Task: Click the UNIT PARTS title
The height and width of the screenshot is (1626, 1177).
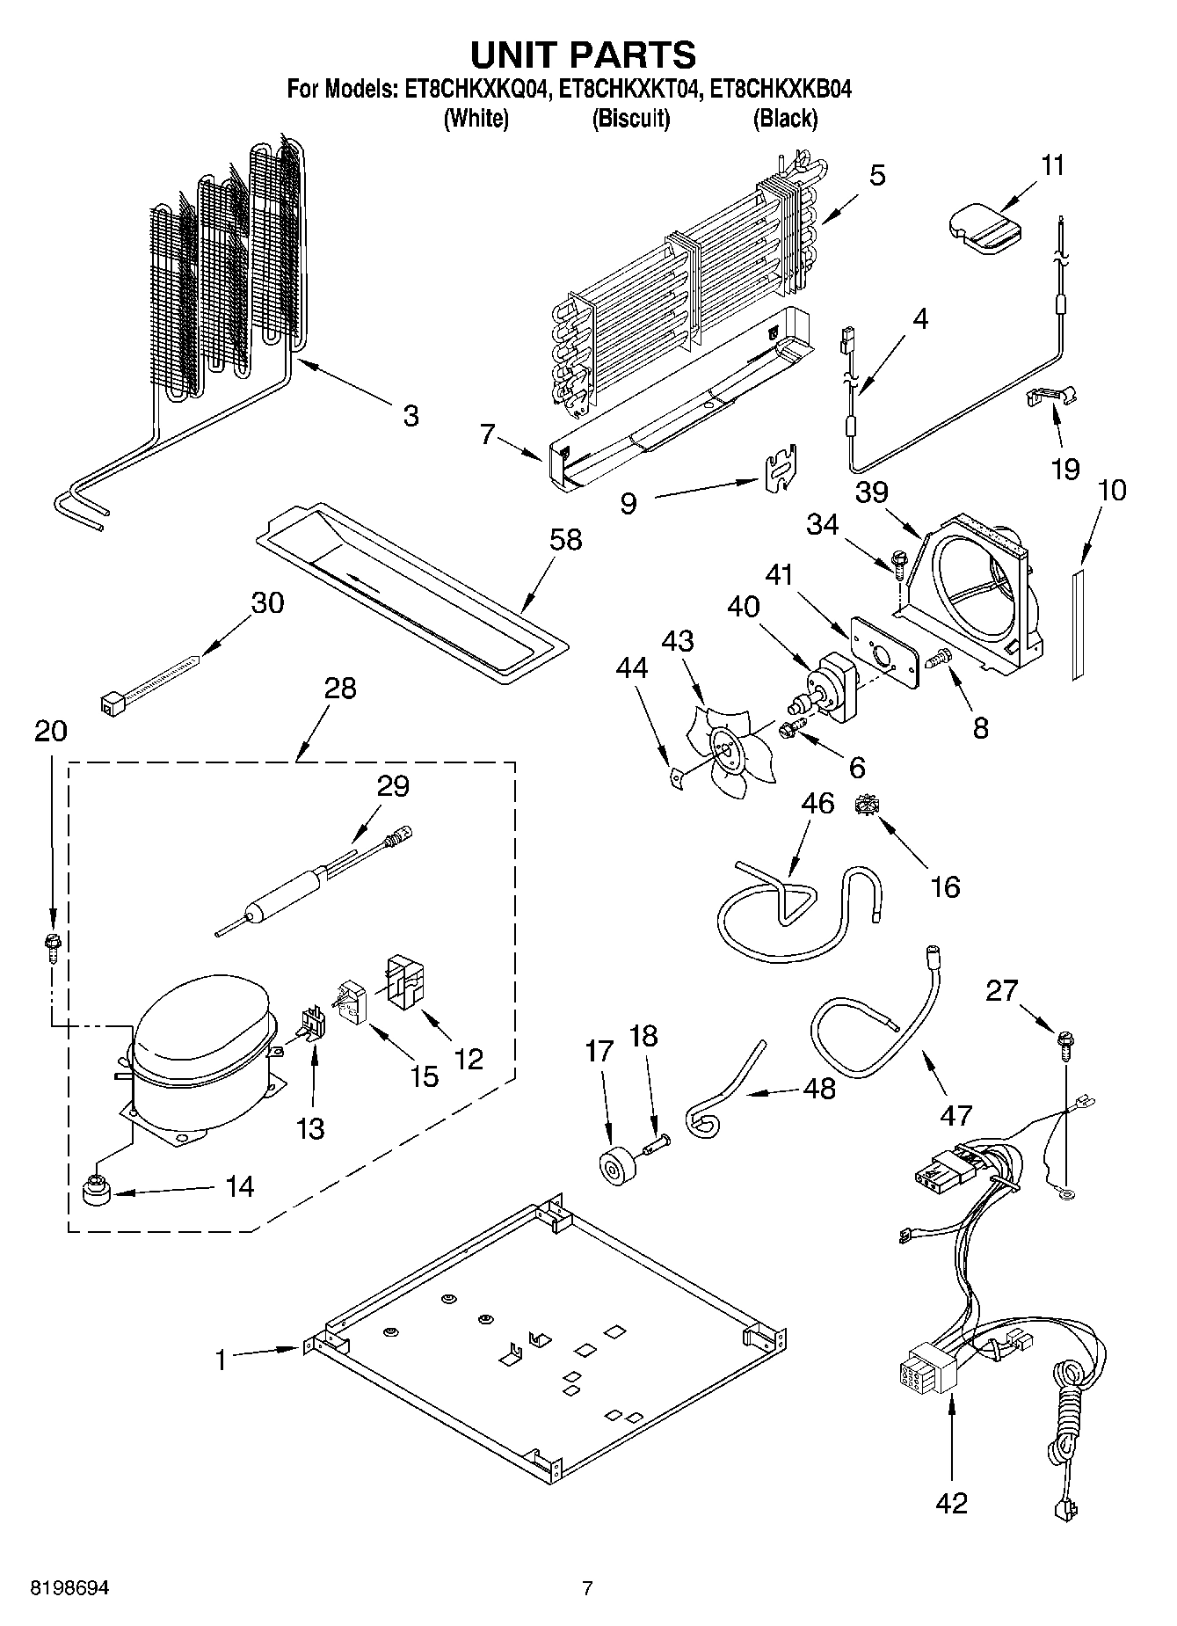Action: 583,55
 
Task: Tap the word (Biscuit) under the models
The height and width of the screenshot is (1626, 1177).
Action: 630,119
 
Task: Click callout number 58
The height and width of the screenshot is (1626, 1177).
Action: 565,539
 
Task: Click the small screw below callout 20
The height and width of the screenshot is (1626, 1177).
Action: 52,945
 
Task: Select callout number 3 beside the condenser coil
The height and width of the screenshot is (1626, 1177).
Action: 410,415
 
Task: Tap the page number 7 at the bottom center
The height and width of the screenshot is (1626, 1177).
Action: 587,1588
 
